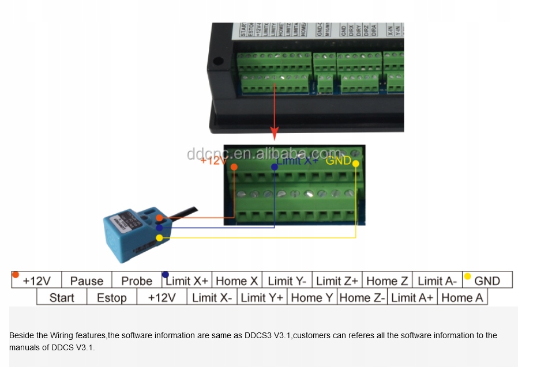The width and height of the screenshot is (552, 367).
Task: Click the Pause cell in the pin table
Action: [x=87, y=281]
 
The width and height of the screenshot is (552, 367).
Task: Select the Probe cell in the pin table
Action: [x=137, y=281]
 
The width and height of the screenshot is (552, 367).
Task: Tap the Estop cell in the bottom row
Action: [x=111, y=297]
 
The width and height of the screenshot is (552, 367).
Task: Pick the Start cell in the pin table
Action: [x=62, y=297]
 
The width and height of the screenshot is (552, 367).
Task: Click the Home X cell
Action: [x=236, y=281]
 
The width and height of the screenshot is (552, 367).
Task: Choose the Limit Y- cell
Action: [x=287, y=281]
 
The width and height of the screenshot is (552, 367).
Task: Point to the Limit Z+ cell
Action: [x=337, y=281]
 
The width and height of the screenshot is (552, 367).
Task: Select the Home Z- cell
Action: [x=363, y=297]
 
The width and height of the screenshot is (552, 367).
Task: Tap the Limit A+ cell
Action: [x=412, y=297]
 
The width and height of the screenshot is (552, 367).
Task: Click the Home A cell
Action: [x=462, y=297]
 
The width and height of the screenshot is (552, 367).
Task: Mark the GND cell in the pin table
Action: [x=487, y=281]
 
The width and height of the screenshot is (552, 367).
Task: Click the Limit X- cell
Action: [x=212, y=297]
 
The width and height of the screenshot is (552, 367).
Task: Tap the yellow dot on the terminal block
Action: [x=355, y=164]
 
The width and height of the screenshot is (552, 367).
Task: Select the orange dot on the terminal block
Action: [x=234, y=167]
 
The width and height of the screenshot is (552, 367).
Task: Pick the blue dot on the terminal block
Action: [x=275, y=167]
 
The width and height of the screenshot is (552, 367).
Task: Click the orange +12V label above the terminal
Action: [x=213, y=160]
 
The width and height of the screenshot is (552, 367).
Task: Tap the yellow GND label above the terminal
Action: [x=338, y=160]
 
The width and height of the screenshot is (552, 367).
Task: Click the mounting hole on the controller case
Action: [x=218, y=60]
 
